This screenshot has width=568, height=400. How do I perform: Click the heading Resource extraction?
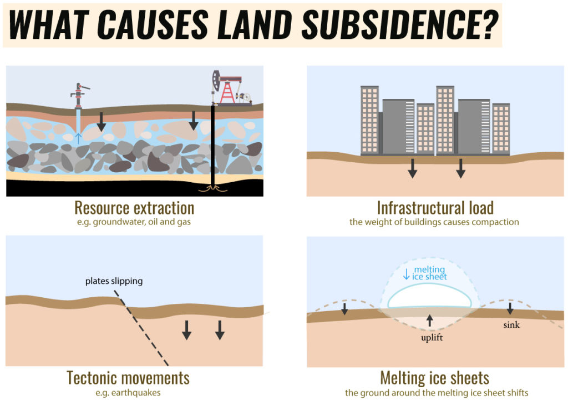(x=134, y=208)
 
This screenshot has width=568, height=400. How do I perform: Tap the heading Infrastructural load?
(x=435, y=208)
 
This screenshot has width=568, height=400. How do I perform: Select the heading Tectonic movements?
(x=128, y=378)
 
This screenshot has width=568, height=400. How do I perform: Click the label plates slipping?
(x=114, y=281)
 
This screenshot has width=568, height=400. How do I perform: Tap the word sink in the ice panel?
(x=511, y=324)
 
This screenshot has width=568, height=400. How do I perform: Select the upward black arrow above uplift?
(x=429, y=320)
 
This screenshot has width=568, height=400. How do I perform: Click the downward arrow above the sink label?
(x=510, y=308)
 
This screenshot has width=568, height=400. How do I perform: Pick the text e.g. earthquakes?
(x=128, y=393)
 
